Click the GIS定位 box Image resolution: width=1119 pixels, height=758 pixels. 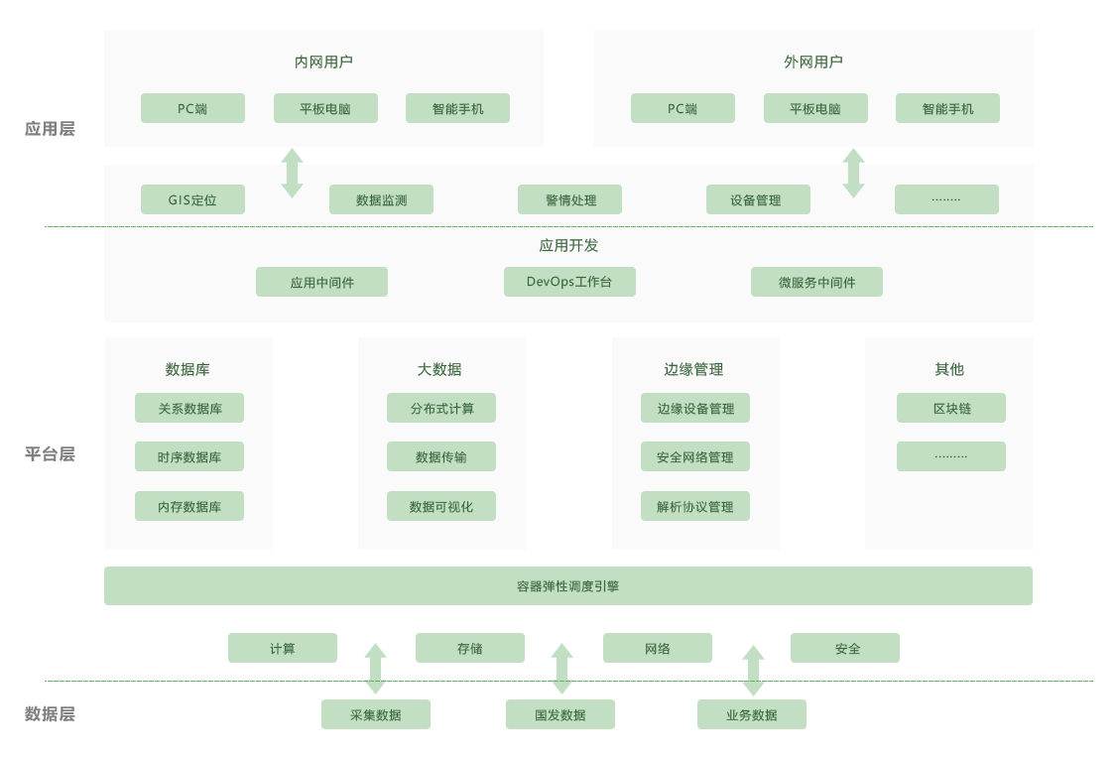click(x=192, y=199)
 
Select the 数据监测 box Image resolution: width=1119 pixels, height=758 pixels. click(x=381, y=199)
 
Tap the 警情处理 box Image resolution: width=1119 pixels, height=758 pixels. click(x=569, y=199)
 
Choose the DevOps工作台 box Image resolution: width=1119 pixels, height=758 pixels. click(x=569, y=282)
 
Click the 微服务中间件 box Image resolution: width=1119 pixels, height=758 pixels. click(x=816, y=282)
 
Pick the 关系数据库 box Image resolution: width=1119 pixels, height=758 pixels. click(x=189, y=408)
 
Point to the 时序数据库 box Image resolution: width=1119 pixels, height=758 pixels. click(x=189, y=456)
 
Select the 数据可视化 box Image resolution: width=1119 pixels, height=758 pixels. click(x=441, y=506)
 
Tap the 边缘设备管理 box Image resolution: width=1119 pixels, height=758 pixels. click(x=695, y=408)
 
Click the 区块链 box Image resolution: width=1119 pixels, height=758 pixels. click(x=951, y=408)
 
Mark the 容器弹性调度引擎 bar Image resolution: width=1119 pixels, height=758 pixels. click(x=568, y=585)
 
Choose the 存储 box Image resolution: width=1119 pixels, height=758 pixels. click(x=470, y=648)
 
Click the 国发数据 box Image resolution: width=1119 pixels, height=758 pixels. click(x=560, y=714)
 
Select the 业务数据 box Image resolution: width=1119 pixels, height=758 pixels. click(x=752, y=714)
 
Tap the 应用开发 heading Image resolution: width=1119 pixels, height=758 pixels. click(x=568, y=245)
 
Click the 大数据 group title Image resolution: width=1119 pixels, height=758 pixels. click(x=439, y=369)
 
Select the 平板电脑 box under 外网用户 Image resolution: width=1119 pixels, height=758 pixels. click(x=815, y=108)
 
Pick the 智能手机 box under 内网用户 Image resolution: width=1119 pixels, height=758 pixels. click(x=457, y=108)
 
